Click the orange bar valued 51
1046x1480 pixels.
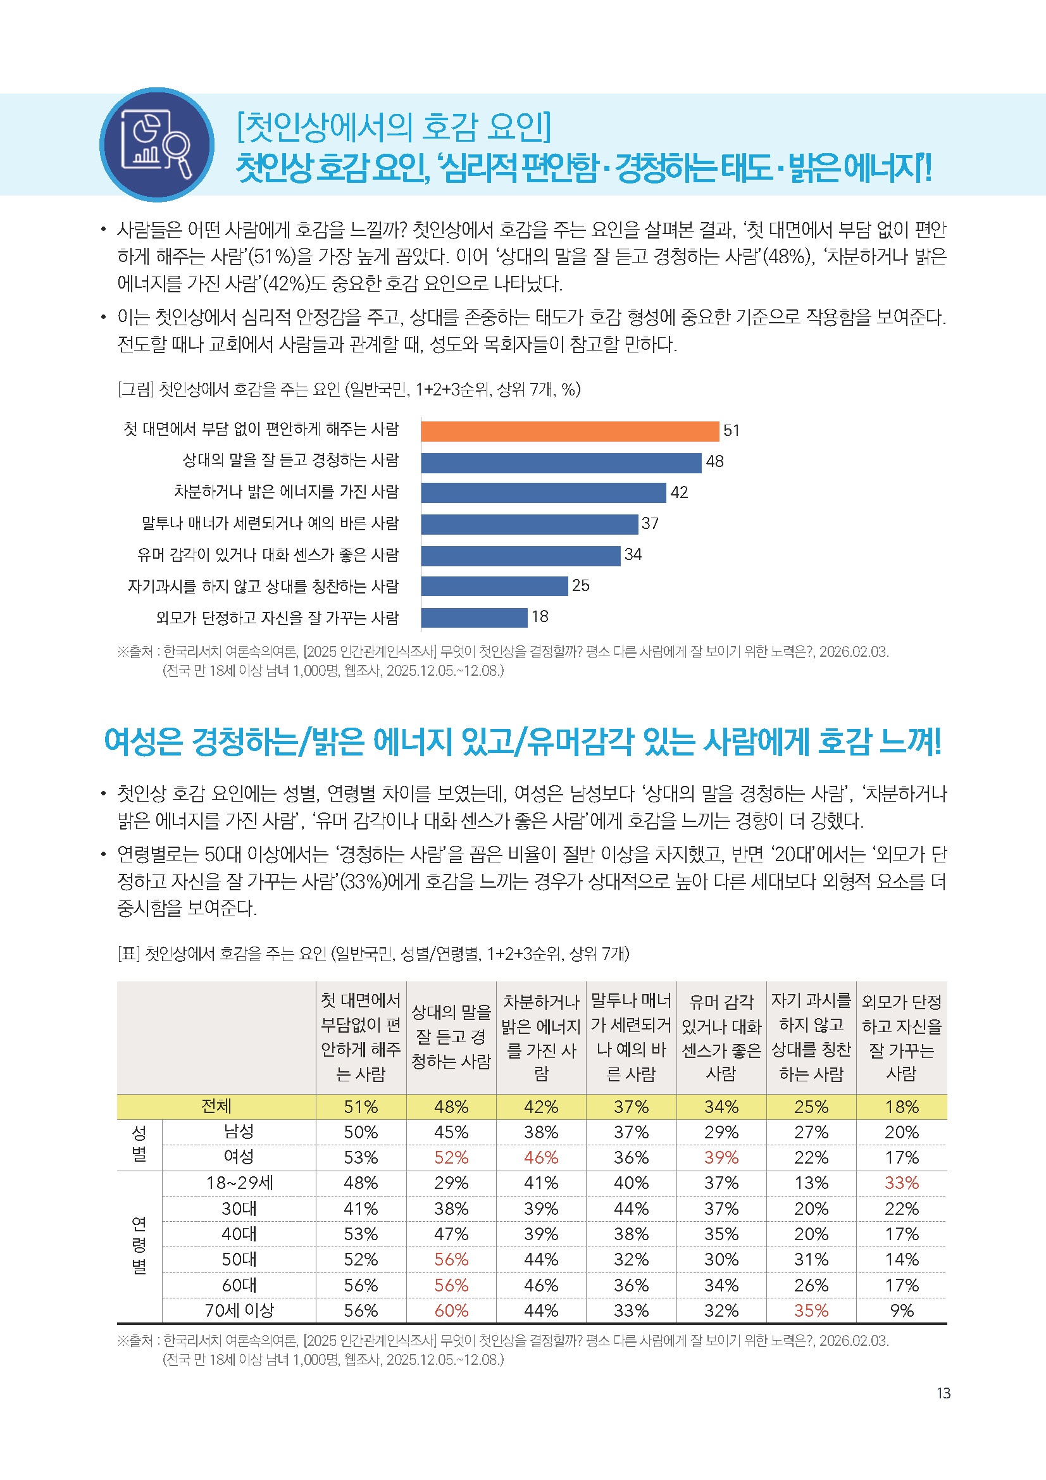(x=570, y=432)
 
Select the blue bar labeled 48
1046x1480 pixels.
(x=561, y=462)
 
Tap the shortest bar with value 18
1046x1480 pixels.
(x=475, y=618)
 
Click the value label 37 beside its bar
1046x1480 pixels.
(x=650, y=524)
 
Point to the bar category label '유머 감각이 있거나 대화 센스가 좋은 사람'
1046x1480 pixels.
(x=268, y=555)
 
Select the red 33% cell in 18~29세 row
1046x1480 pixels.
(x=901, y=1183)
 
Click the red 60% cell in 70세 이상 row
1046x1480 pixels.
(x=451, y=1310)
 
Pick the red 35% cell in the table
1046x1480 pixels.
(x=811, y=1310)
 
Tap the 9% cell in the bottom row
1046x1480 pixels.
(x=901, y=1310)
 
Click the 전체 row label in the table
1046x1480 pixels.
(x=216, y=1107)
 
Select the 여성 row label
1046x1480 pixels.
(x=239, y=1157)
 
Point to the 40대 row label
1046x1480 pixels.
(x=239, y=1234)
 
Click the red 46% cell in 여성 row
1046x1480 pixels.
(x=541, y=1158)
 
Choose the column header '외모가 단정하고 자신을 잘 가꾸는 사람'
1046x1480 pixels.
(x=901, y=1037)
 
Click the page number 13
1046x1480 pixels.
(x=943, y=1393)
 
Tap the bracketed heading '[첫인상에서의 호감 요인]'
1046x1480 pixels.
(x=394, y=127)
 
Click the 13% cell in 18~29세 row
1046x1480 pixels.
(x=811, y=1183)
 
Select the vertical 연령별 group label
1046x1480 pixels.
(x=139, y=1246)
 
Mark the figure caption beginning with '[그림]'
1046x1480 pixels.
(x=349, y=389)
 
